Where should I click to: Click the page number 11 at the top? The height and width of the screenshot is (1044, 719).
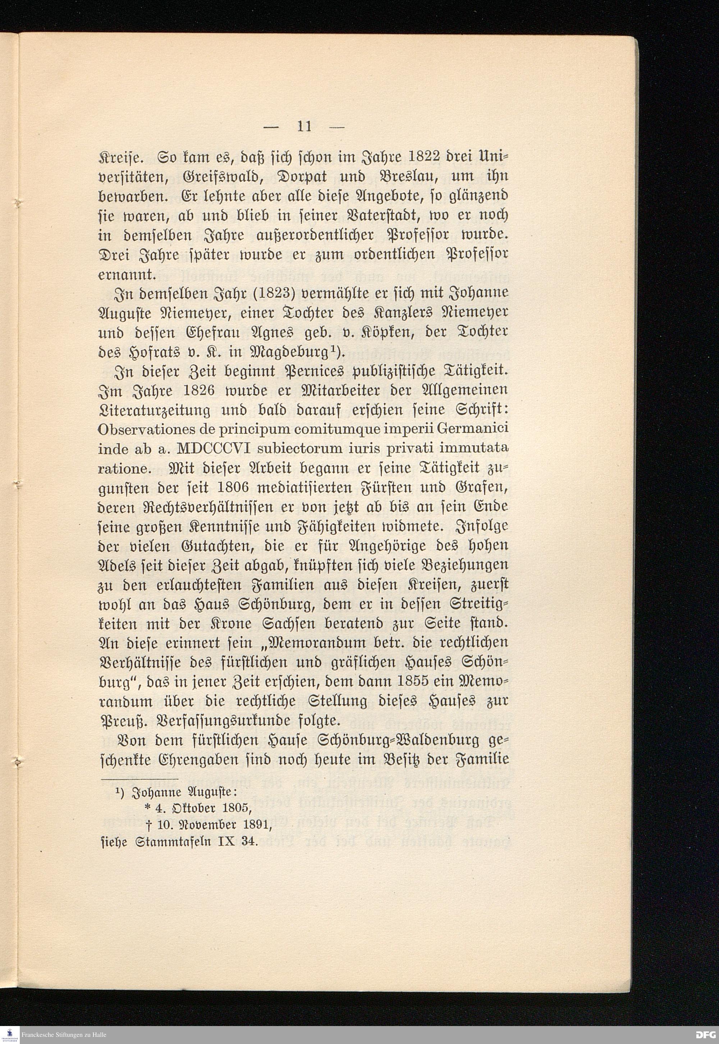point(304,126)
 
